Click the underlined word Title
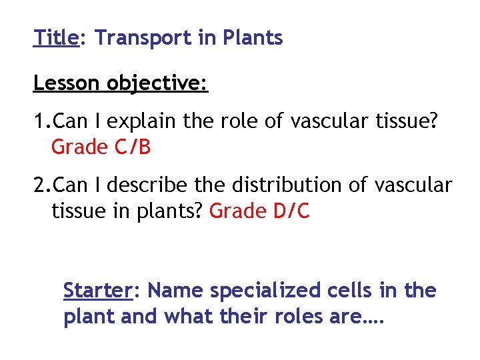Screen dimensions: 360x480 click(56, 38)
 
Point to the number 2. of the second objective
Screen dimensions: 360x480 click(42, 185)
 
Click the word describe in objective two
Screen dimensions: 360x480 click(145, 185)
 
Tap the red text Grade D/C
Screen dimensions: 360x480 click(259, 211)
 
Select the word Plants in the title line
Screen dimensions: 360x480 click(255, 38)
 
